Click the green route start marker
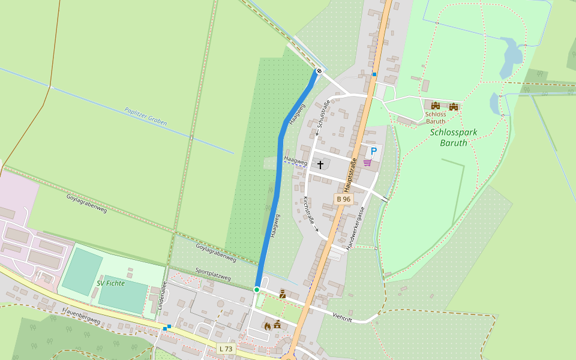pyautogui.click(x=257, y=290)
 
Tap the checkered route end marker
pyautogui.click(x=319, y=71)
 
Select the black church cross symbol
pyautogui.click(x=320, y=164)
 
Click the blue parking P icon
pyautogui.click(x=373, y=151)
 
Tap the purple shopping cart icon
pyautogui.click(x=367, y=162)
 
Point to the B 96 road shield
pyautogui.click(x=343, y=199)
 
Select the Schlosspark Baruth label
pyautogui.click(x=449, y=137)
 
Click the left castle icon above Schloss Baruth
pyautogui.click(x=436, y=106)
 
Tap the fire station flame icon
pyautogui.click(x=268, y=325)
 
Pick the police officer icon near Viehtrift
pyautogui.click(x=282, y=293)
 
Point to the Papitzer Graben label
pyautogui.click(x=146, y=116)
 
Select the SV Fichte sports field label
pyautogui.click(x=111, y=283)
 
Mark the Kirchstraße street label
pyautogui.click(x=310, y=212)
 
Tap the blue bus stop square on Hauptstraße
pyautogui.click(x=374, y=74)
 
